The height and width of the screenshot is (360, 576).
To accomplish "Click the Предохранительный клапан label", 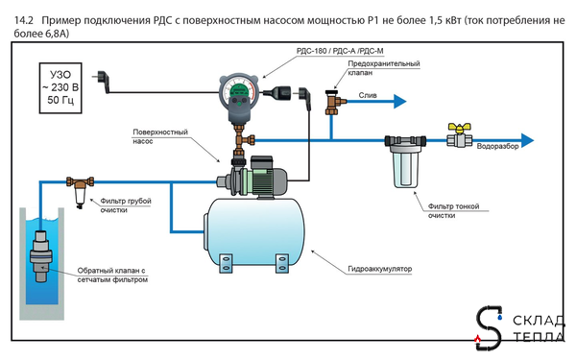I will point(370,67).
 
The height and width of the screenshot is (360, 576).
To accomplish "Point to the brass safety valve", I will point(333,99).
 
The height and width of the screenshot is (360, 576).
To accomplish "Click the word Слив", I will point(369,94).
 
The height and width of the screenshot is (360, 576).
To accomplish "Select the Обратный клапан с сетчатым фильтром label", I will point(108,275).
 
